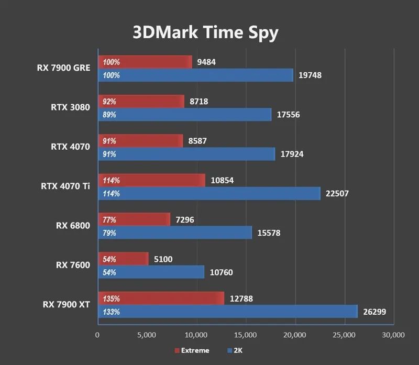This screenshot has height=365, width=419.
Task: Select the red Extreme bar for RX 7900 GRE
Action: [x=145, y=62]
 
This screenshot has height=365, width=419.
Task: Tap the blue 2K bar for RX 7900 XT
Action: [x=228, y=312]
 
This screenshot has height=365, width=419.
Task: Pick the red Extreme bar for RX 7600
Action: [x=123, y=259]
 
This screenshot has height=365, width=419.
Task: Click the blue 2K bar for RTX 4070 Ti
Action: [x=209, y=193]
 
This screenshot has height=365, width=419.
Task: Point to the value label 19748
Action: [x=310, y=75]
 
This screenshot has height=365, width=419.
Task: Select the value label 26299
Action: [x=374, y=312]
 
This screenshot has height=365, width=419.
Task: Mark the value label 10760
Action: [x=220, y=272]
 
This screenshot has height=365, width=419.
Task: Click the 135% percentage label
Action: [x=112, y=299]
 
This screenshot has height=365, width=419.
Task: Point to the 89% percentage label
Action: [x=109, y=115]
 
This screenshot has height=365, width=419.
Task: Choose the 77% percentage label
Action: [x=109, y=220]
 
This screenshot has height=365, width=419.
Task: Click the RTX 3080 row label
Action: [x=70, y=107]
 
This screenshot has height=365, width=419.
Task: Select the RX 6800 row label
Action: [x=73, y=226]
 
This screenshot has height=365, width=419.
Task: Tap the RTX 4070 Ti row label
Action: [x=65, y=186]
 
